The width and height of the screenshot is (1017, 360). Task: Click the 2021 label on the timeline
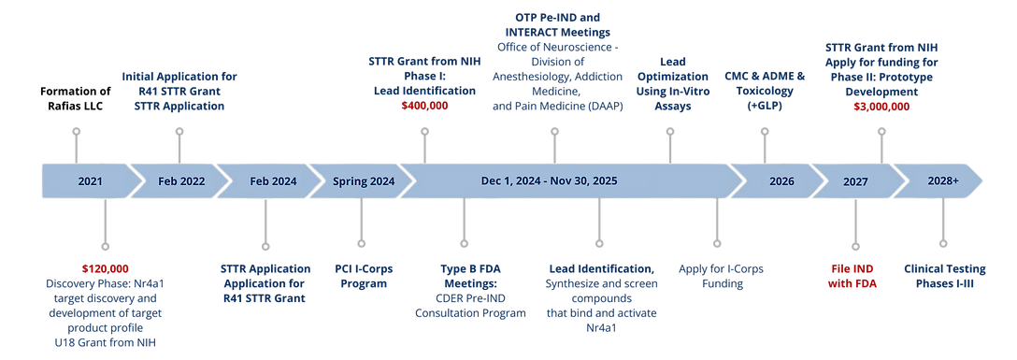91,181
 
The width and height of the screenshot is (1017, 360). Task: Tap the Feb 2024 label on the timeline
266,181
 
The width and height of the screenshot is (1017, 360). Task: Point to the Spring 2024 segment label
363,181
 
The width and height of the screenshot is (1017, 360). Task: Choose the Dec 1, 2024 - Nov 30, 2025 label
550,181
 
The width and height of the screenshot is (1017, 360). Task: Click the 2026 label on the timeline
781,181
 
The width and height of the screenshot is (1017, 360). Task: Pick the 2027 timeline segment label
853,181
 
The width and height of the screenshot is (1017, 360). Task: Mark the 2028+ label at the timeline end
942,181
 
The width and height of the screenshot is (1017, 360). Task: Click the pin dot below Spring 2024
361,244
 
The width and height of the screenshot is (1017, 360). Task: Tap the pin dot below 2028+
942,244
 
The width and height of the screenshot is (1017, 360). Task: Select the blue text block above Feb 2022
179,91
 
